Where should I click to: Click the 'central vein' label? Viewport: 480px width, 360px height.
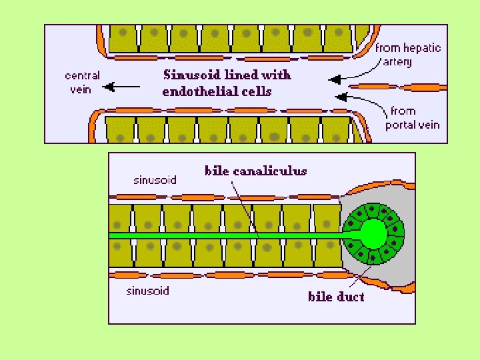click(83, 82)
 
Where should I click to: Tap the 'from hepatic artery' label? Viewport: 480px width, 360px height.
click(407, 55)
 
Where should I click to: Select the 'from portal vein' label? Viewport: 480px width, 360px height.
click(412, 117)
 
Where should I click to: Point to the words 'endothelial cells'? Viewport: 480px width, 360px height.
click(217, 91)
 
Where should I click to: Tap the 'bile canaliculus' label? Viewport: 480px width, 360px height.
click(255, 171)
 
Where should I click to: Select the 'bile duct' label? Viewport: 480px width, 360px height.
click(336, 296)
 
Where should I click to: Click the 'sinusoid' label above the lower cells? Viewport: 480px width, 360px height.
click(155, 179)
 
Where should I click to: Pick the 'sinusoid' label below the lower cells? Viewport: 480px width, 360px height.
click(147, 291)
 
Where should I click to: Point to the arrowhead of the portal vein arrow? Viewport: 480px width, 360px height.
click(340, 97)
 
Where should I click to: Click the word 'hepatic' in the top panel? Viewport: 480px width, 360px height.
click(422, 48)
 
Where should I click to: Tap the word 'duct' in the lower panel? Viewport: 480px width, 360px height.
click(351, 296)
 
